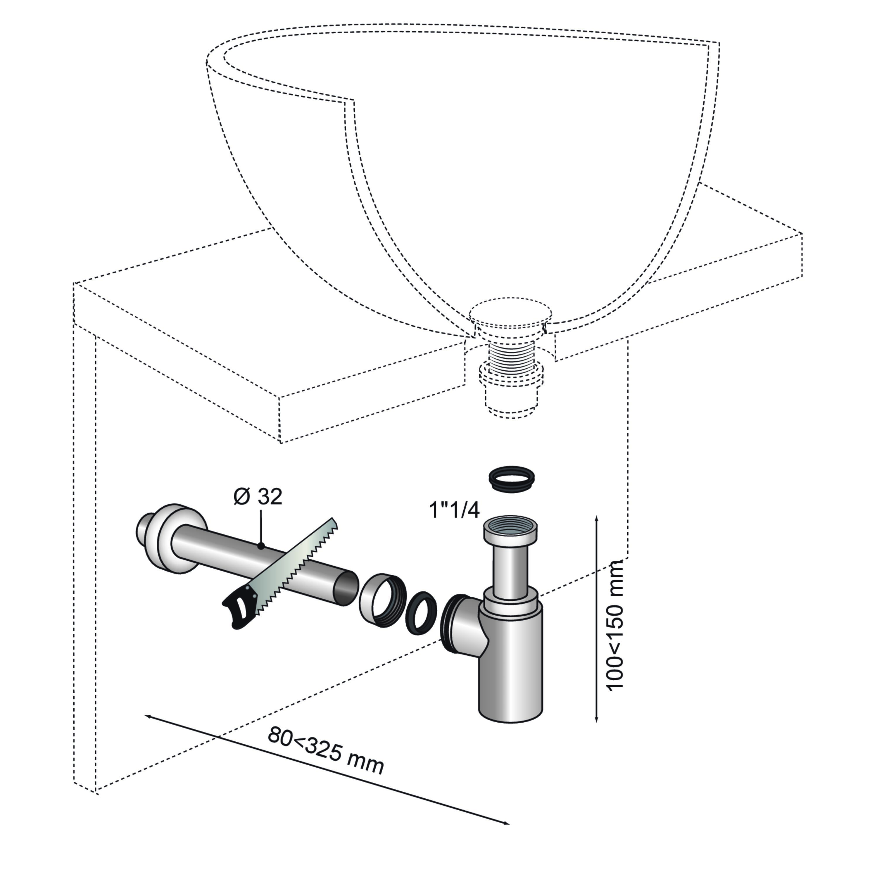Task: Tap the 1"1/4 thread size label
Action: (x=454, y=510)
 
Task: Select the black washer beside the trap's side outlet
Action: (x=421, y=613)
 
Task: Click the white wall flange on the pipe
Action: (x=179, y=538)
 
